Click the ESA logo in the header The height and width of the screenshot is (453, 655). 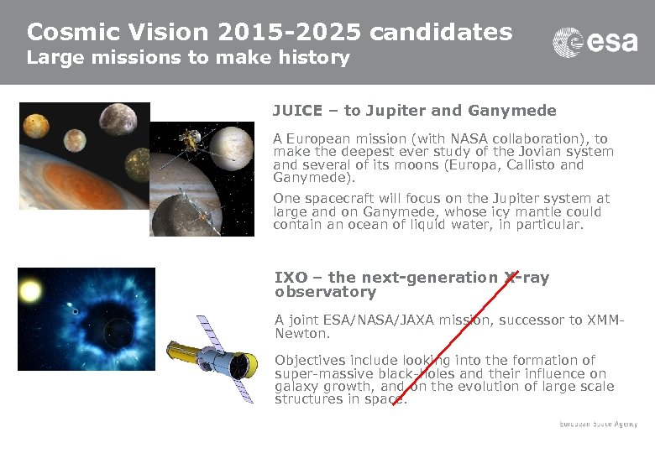[595, 42]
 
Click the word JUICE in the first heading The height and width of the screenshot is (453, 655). [294, 111]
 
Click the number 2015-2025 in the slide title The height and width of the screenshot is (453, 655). [289, 32]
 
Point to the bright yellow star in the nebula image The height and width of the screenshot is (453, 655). [30, 292]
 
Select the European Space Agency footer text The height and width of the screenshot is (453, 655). [598, 424]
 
